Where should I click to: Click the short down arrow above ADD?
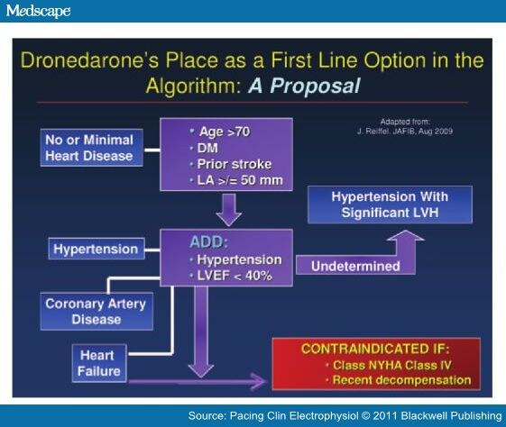tap(228, 214)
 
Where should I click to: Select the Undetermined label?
tap(354, 266)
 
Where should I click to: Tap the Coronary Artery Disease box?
tap(94, 311)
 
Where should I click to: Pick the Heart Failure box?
tap(97, 363)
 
